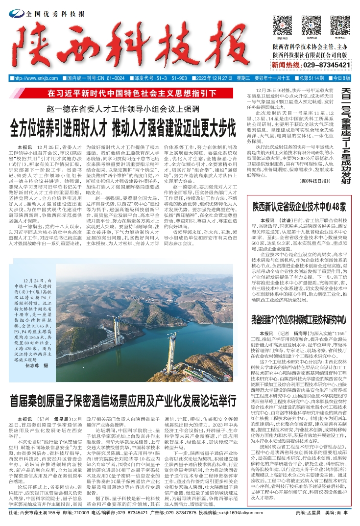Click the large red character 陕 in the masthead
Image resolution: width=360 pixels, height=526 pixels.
[37, 49]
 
